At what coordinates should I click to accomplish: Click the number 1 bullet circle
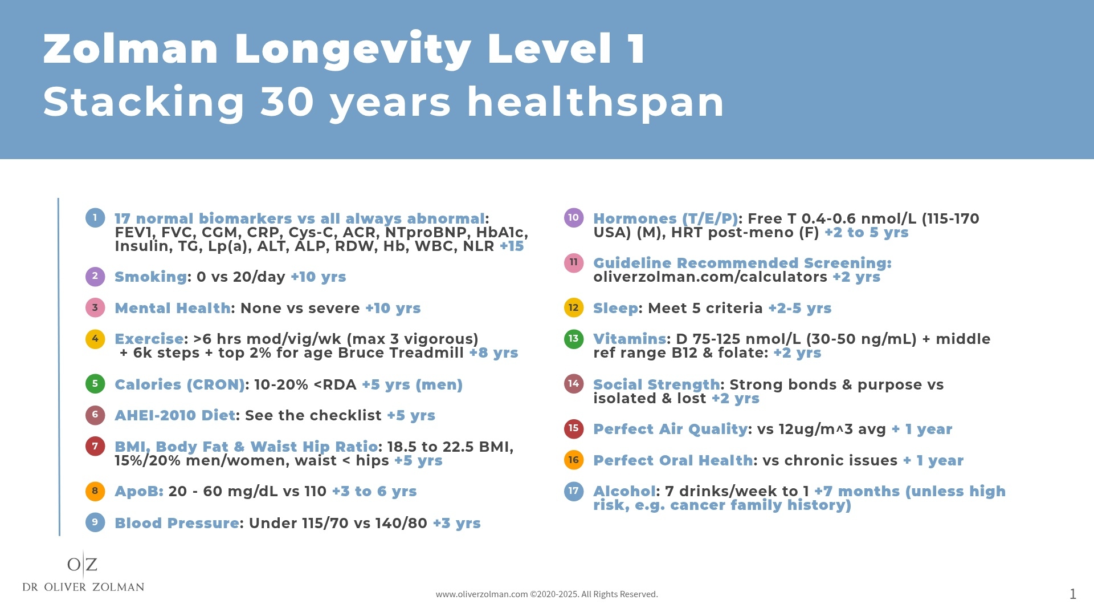coord(95,218)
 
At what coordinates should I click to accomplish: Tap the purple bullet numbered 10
coord(573,217)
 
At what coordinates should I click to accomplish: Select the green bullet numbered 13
coord(573,339)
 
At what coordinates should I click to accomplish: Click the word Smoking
coord(150,277)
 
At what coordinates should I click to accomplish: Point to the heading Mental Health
coord(172,309)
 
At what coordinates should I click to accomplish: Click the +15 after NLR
coord(511,246)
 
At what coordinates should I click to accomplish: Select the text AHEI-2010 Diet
coord(174,416)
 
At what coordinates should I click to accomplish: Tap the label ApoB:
coord(138,492)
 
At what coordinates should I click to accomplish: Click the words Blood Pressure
coord(177,524)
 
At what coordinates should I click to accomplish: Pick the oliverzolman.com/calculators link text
coord(710,277)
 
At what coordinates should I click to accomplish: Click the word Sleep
coord(615,309)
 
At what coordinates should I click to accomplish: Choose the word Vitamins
coord(630,339)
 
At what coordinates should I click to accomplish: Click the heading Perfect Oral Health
coord(672,461)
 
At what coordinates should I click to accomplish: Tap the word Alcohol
coord(624,492)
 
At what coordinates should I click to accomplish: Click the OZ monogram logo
coord(83,565)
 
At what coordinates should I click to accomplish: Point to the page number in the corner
coord(1072,594)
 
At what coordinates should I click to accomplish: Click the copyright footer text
coord(546,594)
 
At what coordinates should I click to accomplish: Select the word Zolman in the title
coord(130,49)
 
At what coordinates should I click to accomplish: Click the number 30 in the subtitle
coord(287,103)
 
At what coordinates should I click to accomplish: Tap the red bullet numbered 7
coord(95,446)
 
